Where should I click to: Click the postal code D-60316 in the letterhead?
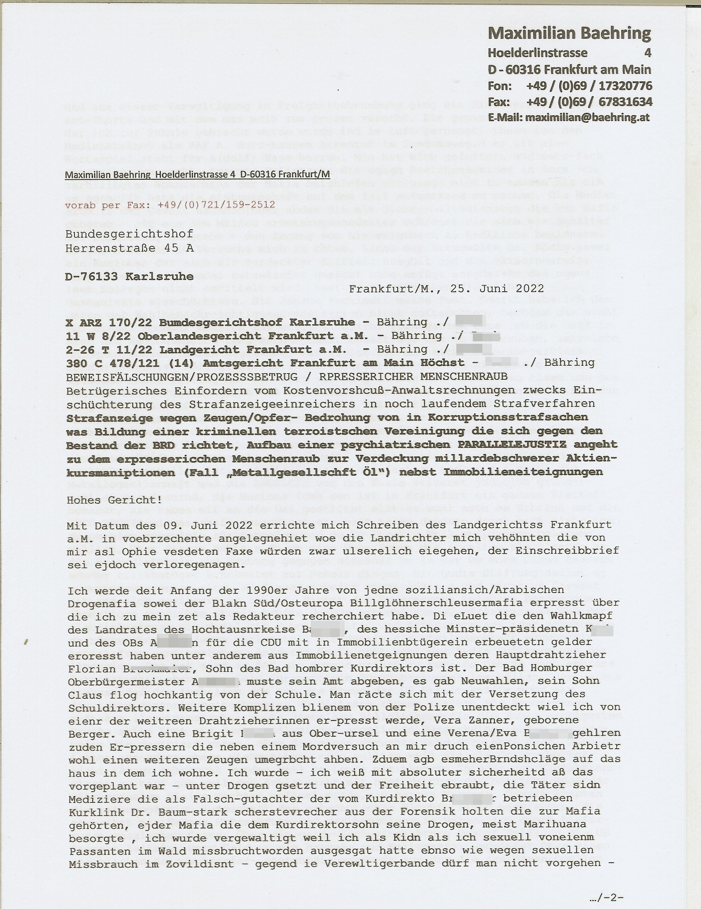(514, 69)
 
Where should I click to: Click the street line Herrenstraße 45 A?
(129, 248)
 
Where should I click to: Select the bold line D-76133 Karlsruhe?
(129, 277)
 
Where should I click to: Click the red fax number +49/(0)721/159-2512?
(217, 205)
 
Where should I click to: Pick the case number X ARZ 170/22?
(110, 323)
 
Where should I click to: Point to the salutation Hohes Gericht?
(114, 500)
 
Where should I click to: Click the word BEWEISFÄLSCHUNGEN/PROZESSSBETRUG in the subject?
(182, 377)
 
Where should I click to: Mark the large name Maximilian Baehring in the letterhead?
(570, 33)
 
